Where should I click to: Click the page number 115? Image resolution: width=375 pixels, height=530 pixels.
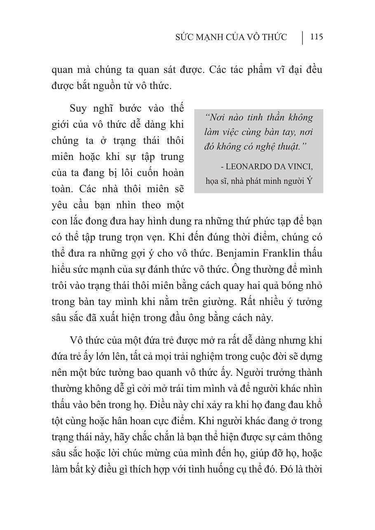tap(316, 37)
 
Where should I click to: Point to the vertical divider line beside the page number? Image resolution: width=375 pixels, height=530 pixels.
tap(303, 37)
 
